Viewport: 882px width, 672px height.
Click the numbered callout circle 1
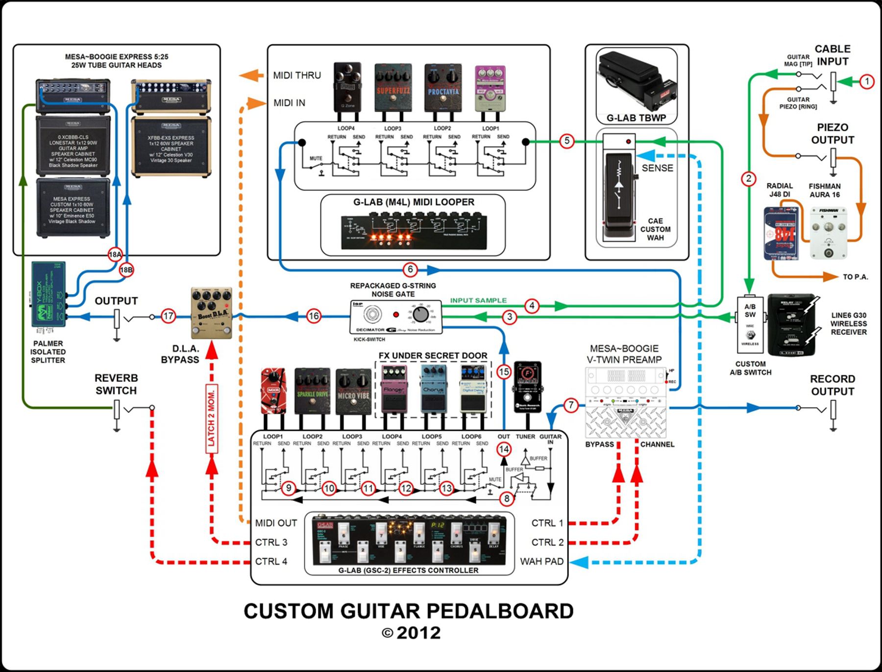coord(867,81)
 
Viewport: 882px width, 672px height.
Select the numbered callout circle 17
coord(168,316)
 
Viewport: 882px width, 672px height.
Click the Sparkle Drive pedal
coord(313,391)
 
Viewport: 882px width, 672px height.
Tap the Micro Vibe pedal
coord(353,392)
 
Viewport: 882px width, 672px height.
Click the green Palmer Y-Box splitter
coord(48,295)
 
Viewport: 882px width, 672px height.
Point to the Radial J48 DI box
coord(782,233)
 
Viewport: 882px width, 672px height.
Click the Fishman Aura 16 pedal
coord(828,232)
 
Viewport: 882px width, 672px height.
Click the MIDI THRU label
coord(297,75)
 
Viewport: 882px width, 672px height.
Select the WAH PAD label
coord(541,562)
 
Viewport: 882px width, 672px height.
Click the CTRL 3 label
coord(271,543)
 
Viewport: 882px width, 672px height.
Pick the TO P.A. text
coord(855,277)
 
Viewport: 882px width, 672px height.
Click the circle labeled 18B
coord(126,270)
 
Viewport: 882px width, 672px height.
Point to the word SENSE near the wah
coord(657,168)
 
